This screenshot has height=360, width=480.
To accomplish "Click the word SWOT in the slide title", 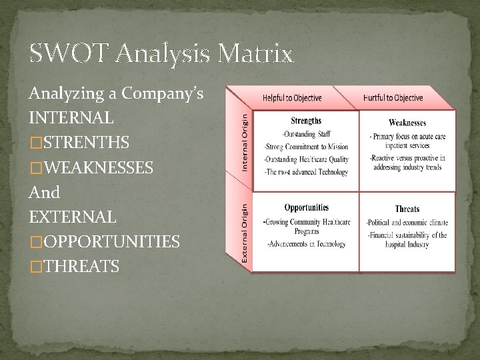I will pyautogui.click(x=63, y=53).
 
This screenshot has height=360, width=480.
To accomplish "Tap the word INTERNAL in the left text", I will pyautogui.click(x=71, y=118).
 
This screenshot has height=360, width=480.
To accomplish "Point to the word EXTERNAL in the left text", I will pyautogui.click(x=72, y=217).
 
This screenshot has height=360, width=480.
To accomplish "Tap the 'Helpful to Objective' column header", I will pyautogui.click(x=292, y=98).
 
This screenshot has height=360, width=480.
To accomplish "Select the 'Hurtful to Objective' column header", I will pyautogui.click(x=393, y=98).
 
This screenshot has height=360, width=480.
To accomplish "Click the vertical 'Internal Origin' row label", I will pyautogui.click(x=245, y=141).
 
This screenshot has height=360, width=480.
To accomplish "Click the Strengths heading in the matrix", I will pyautogui.click(x=306, y=121).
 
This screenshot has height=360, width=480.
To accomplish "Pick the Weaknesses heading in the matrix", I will pyautogui.click(x=407, y=123).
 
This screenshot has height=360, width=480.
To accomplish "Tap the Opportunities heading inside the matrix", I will pyautogui.click(x=306, y=207).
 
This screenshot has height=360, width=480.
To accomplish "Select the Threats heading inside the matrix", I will pyautogui.click(x=407, y=209).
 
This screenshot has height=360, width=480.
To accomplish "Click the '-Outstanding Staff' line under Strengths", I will pyautogui.click(x=306, y=135).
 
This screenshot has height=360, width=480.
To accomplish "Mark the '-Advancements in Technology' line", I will pyautogui.click(x=306, y=244).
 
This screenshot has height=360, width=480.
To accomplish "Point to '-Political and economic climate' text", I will pyautogui.click(x=407, y=222).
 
